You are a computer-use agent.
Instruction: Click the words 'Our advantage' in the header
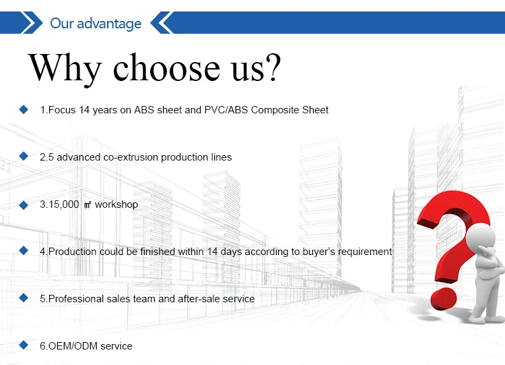[96, 24]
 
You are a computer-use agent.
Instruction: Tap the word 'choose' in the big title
[166, 67]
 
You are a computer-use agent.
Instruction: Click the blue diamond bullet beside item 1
[24, 109]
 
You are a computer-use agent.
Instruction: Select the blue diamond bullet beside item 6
[24, 345]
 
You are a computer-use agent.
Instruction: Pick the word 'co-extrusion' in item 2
[131, 157]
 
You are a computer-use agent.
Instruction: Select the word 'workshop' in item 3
[116, 204]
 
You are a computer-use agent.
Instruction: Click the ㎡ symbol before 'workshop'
[88, 205]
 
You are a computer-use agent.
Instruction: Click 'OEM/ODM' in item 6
[73, 346]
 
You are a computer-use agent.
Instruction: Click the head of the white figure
[480, 238]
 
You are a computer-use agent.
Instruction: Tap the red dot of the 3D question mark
[444, 299]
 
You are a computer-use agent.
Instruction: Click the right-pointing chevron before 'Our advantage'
[32, 22]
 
